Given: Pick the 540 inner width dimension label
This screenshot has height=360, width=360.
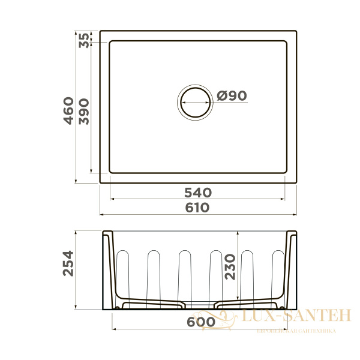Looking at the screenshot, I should [x=197, y=193].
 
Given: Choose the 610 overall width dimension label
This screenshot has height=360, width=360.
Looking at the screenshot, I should [x=197, y=208].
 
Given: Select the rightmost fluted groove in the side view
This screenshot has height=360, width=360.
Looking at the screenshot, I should [x=277, y=273].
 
